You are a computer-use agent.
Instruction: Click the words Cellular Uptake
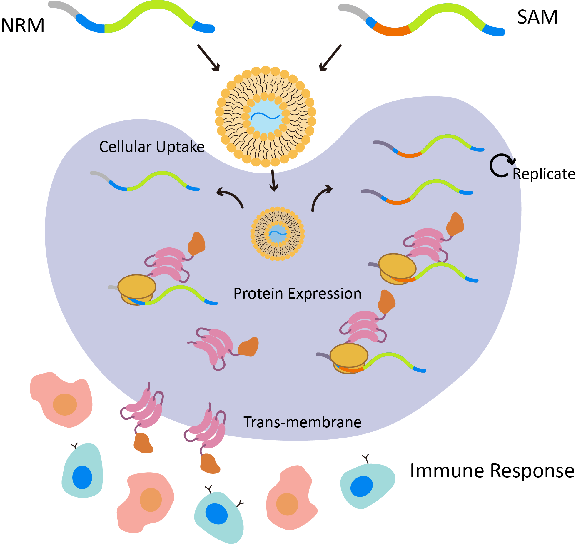point(151,147)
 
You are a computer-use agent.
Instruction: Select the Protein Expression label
point(297,293)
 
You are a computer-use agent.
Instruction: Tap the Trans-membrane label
point(302,422)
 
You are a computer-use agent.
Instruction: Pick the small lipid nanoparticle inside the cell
point(277,234)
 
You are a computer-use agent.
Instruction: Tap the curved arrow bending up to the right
point(320,197)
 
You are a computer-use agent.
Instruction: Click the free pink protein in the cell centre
point(215,347)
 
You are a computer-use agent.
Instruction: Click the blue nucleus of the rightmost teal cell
point(361,486)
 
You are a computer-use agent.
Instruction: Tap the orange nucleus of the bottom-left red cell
point(151,500)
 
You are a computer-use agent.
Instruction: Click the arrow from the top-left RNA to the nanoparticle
point(208,58)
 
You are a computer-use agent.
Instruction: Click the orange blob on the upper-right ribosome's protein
point(455,224)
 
